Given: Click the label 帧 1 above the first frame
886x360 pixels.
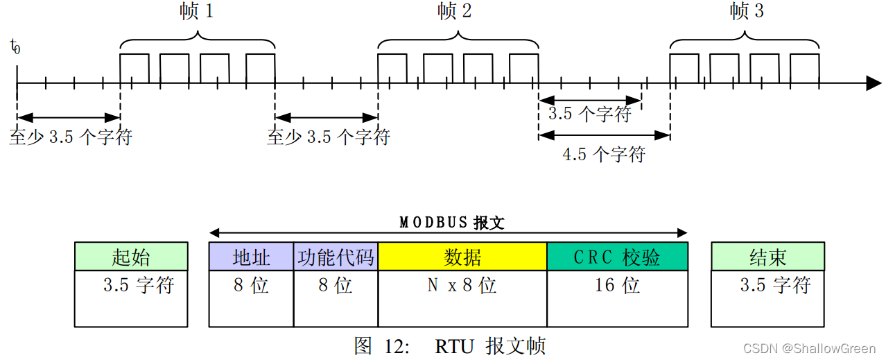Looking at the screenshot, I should (196, 12).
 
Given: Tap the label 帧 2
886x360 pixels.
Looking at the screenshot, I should (455, 12).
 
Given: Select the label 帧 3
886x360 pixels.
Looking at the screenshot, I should (747, 12).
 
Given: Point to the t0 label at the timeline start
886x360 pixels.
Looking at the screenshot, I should (15, 46).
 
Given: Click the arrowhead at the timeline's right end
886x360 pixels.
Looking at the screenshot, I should (873, 83).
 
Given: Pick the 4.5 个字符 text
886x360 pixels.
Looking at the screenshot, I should (603, 154).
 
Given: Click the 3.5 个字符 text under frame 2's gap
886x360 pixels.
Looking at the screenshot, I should (589, 114).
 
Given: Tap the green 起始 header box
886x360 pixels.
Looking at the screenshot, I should (131, 257).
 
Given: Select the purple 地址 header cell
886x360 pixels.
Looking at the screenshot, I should (251, 257).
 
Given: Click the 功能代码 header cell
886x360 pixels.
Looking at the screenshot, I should (336, 257).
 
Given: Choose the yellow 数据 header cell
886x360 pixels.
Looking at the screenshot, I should (462, 257).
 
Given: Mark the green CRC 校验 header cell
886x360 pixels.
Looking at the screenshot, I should (617, 257).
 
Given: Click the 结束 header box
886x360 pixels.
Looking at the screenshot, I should (767, 257).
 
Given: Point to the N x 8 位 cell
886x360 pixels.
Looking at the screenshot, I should (462, 286).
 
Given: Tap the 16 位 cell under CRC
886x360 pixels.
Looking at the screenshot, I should (617, 286).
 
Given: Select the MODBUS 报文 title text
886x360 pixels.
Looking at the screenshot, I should (451, 223).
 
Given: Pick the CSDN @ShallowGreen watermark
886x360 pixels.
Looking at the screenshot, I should (809, 348).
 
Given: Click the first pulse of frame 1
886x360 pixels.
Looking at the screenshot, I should (134, 68).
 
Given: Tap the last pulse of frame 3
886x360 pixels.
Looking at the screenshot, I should (804, 68).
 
